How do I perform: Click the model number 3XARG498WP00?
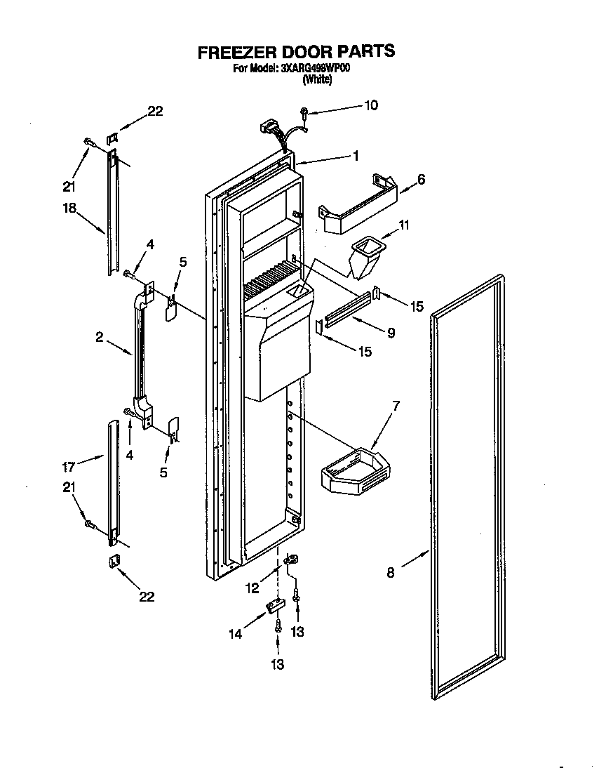click(x=320, y=69)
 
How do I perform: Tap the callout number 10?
click(x=370, y=105)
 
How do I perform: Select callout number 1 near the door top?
click(x=356, y=155)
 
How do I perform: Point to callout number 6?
click(x=421, y=180)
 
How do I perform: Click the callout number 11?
click(x=403, y=225)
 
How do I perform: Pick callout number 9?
click(x=390, y=333)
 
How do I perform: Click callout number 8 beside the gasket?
click(x=390, y=573)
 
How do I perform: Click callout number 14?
click(x=236, y=634)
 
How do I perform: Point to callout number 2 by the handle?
click(x=100, y=338)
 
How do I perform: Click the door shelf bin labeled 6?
click(x=358, y=204)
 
